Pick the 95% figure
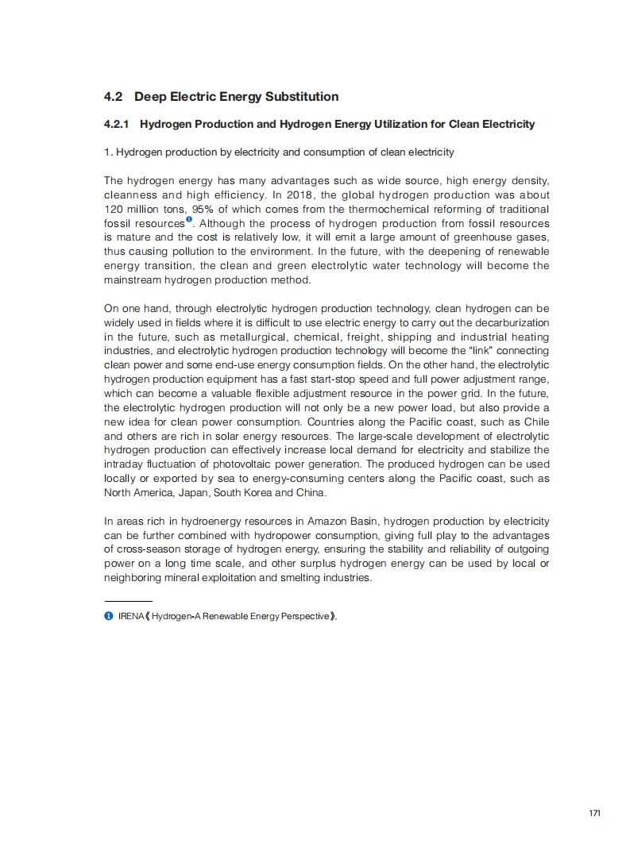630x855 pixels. coord(203,209)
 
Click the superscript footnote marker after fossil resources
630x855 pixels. coord(189,220)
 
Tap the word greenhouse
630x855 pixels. coord(488,237)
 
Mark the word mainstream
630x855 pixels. coord(133,280)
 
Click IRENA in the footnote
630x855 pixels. coord(130,617)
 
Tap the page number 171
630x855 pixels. coord(594,813)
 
